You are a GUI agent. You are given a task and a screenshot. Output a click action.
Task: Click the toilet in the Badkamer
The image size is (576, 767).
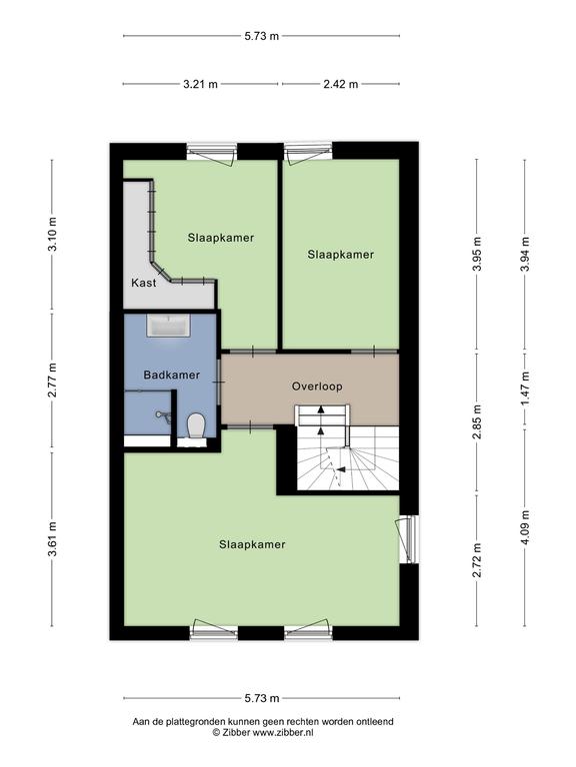tap(197, 425)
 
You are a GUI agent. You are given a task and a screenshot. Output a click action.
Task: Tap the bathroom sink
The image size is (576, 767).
tap(168, 326)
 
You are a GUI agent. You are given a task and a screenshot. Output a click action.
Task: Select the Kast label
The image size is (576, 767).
tap(144, 283)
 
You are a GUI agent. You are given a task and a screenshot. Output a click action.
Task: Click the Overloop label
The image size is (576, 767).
tap(317, 386)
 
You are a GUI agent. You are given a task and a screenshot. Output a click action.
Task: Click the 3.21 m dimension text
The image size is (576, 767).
tap(200, 84)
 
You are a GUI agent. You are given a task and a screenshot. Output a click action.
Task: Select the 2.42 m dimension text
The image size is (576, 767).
tap(340, 84)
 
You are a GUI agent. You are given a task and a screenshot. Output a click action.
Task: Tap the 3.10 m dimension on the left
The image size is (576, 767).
tap(52, 235)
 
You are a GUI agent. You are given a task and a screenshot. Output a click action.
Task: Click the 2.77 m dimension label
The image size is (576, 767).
tap(52, 381)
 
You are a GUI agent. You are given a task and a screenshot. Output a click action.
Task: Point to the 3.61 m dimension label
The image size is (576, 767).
tap(52, 539)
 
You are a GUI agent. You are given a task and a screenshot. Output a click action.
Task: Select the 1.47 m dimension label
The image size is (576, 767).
tap(525, 388)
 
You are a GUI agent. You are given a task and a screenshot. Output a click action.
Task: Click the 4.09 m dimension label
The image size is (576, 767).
tap(525, 527)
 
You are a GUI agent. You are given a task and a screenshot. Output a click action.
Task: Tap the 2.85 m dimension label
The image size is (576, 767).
tap(477, 421)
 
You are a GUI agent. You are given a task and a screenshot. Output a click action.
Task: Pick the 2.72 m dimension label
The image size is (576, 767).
tap(477, 560)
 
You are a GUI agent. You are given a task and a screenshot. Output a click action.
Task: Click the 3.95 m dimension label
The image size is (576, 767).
tap(477, 254)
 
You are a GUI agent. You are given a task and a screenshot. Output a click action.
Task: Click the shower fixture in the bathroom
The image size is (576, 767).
tap(164, 415)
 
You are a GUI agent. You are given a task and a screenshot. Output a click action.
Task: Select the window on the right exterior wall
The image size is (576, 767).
tap(409, 539)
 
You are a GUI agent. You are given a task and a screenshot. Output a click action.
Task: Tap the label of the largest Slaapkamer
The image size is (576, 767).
tap(252, 545)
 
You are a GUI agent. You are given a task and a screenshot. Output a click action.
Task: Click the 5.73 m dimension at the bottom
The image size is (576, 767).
tap(262, 698)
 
